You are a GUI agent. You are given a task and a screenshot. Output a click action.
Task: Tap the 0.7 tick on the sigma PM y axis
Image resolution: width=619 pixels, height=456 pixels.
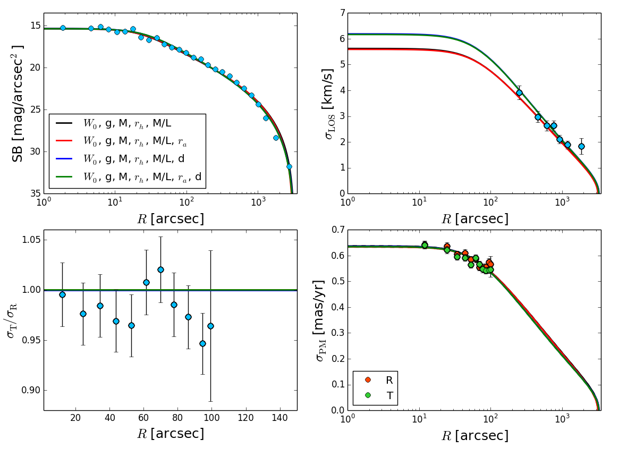pos(337,230)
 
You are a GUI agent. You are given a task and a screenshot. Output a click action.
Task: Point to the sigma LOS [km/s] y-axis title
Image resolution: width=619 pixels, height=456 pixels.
pos(328,104)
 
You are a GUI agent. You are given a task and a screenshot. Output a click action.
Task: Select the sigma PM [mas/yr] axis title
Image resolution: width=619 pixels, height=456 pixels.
pos(320,320)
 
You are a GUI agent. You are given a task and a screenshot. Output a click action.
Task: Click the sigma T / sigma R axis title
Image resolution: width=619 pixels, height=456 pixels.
pos(12,320)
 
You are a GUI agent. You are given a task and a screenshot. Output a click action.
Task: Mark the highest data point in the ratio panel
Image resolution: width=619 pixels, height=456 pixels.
pos(160,269)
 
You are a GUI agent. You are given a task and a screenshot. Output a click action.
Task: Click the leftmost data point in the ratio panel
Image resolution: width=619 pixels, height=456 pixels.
pos(62,294)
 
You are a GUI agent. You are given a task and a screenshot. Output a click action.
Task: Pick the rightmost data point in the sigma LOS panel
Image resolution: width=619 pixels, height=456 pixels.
pos(581,146)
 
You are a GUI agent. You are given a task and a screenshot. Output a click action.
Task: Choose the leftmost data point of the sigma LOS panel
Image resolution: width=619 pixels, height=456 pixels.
pos(519,92)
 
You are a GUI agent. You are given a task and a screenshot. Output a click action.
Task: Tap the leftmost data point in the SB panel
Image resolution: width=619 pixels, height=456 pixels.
pos(63,28)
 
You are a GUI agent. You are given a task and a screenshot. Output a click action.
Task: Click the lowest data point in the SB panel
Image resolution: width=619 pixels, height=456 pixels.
pos(289,166)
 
